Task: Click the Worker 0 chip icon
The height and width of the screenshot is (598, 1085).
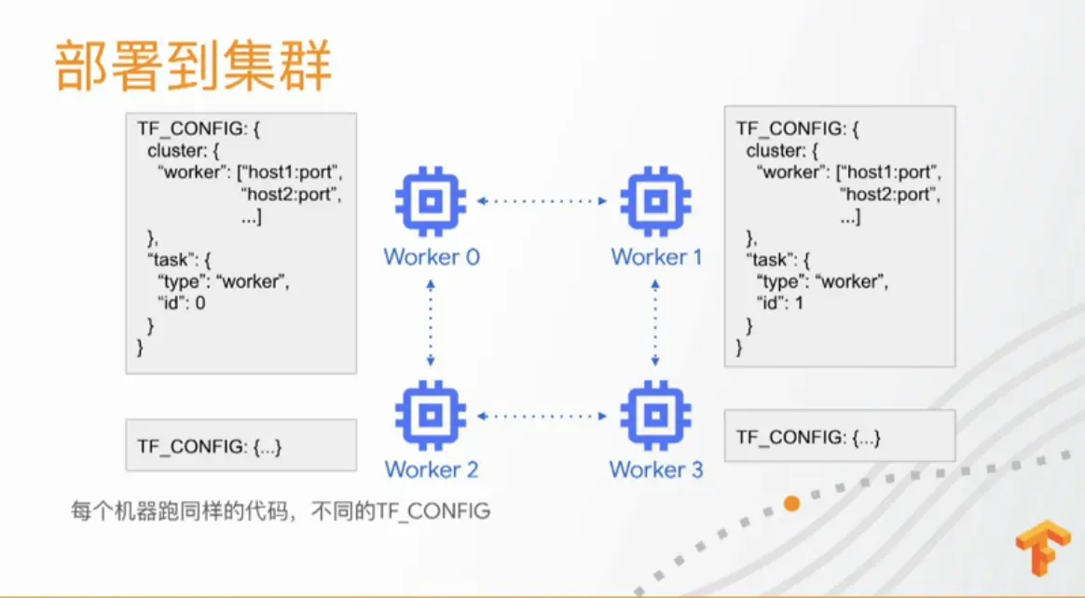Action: [x=431, y=201]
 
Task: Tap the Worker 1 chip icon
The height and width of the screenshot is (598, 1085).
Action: [x=656, y=201]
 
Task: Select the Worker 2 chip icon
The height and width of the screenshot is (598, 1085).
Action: [x=431, y=415]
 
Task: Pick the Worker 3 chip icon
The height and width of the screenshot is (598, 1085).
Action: [x=656, y=415]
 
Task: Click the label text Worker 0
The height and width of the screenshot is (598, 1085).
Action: [x=432, y=257]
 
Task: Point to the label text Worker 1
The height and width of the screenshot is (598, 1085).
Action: [x=656, y=257]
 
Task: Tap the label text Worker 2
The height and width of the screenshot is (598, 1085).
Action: [x=432, y=469]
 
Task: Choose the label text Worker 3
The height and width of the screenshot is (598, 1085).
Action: [x=656, y=469]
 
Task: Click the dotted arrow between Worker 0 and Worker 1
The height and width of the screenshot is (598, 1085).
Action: [x=542, y=201]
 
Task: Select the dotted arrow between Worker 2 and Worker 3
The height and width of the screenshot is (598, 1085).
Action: [x=542, y=415]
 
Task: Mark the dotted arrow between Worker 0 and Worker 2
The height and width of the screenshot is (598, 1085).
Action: [x=431, y=323]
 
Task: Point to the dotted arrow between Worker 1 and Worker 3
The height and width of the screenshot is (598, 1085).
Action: [x=655, y=323]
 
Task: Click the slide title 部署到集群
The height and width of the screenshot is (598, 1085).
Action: [x=194, y=65]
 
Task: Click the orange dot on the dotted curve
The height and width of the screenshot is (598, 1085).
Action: [x=791, y=504]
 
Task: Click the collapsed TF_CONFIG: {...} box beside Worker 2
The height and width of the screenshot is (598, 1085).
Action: [x=240, y=445]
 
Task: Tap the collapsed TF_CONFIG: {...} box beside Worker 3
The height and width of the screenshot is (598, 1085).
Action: [x=840, y=436]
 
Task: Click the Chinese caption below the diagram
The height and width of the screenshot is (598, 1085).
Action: [x=281, y=510]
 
